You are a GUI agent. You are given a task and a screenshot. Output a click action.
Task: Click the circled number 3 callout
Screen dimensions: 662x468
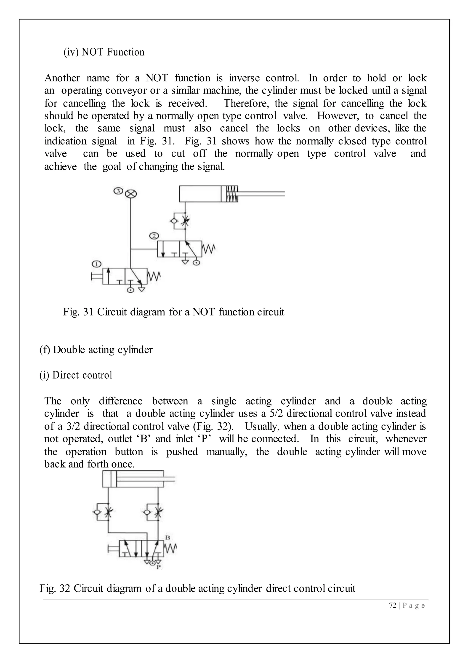tap(118, 191)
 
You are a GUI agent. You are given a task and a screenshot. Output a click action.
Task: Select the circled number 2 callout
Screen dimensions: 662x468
tap(154, 236)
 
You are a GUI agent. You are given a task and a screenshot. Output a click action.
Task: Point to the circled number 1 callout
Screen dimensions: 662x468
tap(96, 264)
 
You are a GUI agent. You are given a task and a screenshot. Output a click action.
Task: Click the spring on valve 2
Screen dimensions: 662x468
tap(209, 249)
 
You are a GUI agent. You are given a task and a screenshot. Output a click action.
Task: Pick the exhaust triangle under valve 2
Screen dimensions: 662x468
tap(185, 262)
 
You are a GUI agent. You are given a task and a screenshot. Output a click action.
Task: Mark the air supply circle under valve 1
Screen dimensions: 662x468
tap(130, 290)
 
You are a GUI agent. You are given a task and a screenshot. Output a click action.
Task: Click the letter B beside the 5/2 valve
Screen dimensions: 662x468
tap(168, 538)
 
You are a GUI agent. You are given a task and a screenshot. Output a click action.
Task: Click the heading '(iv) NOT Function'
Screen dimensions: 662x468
tap(104, 52)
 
